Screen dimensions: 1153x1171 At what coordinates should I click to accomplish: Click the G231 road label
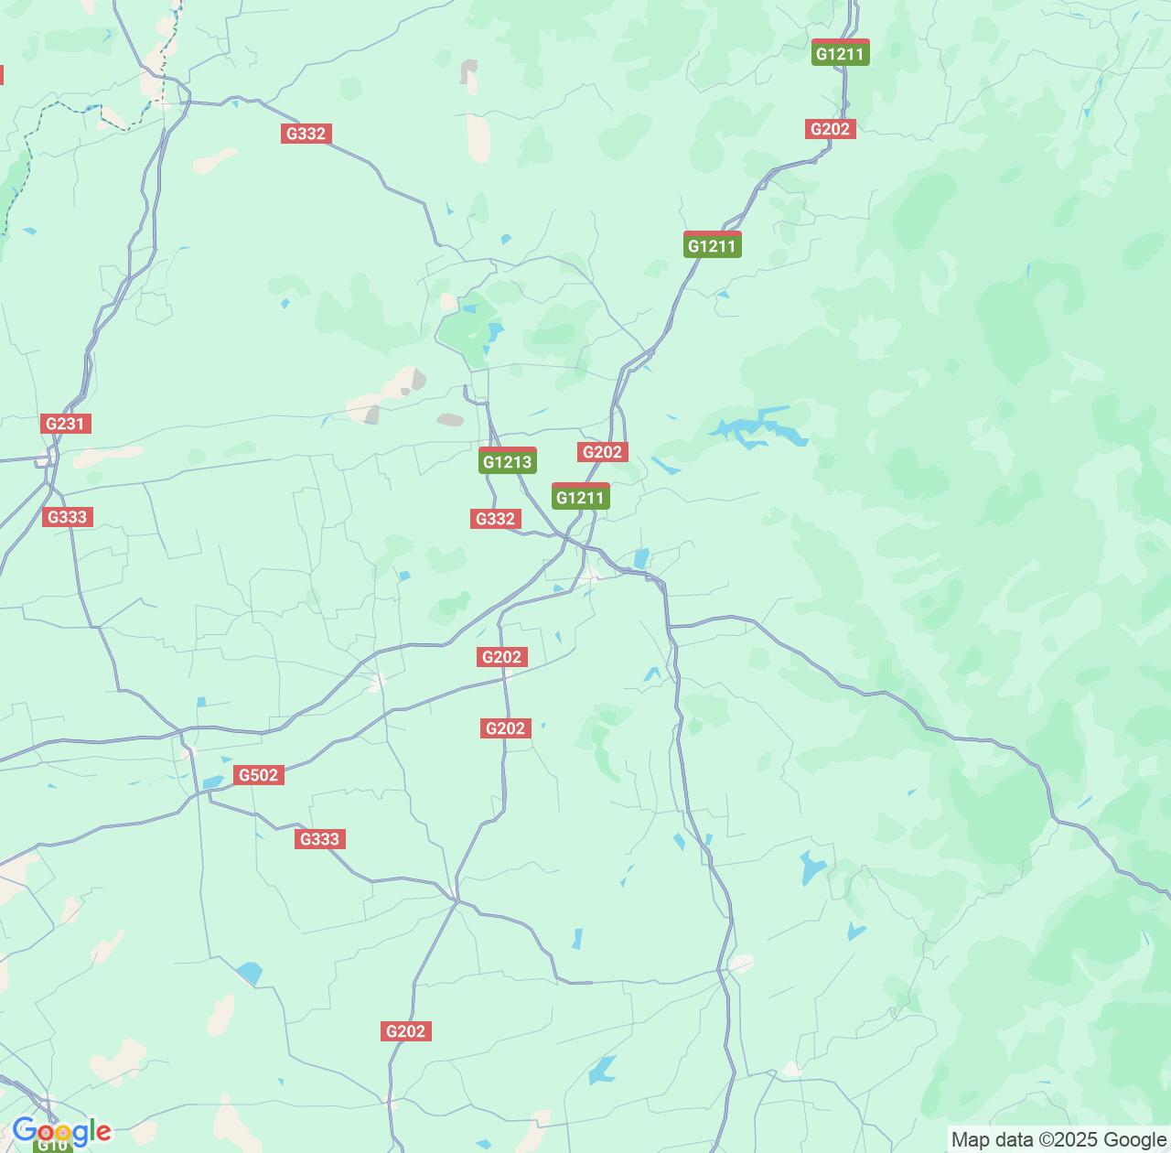66,424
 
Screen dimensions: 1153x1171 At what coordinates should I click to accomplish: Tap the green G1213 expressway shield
507,461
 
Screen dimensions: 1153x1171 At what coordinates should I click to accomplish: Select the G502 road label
258,775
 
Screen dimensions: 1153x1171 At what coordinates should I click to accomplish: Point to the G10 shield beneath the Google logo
52,1145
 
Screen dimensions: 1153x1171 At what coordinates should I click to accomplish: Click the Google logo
61,1132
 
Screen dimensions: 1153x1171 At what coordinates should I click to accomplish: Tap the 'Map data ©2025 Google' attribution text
1058,1139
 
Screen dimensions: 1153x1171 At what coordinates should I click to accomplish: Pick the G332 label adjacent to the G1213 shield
495,519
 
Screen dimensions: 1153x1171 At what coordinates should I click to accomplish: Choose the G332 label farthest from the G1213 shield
306,134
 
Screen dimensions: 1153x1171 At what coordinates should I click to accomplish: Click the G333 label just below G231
67,517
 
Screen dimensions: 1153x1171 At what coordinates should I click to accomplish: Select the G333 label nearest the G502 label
319,839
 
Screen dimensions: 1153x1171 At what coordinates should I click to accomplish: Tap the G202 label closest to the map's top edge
830,129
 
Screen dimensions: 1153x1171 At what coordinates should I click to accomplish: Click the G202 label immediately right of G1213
602,451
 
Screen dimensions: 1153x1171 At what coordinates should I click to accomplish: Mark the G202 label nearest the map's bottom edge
405,1031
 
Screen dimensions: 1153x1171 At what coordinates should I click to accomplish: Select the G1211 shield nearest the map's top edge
840,53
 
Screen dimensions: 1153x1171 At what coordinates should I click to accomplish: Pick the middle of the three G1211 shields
712,245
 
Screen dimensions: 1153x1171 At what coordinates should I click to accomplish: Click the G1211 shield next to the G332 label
580,497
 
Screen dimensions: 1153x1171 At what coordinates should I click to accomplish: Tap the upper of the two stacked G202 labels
501,656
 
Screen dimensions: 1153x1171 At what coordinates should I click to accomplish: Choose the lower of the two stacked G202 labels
505,727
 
